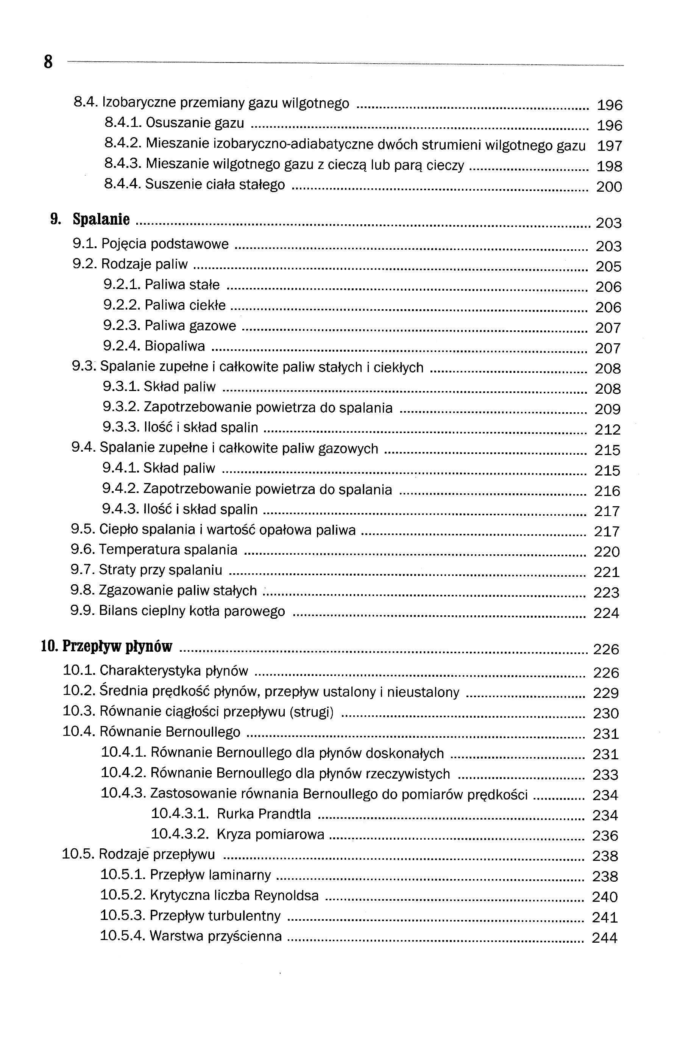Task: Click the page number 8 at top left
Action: pyautogui.click(x=48, y=62)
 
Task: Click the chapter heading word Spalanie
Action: pyautogui.click(x=101, y=219)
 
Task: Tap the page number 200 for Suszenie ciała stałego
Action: pyautogui.click(x=609, y=187)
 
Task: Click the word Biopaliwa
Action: pyautogui.click(x=175, y=346)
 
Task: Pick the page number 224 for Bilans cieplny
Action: pyautogui.click(x=606, y=613)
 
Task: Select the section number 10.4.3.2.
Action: pyautogui.click(x=180, y=834)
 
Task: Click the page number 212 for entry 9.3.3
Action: pyautogui.click(x=607, y=429)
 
